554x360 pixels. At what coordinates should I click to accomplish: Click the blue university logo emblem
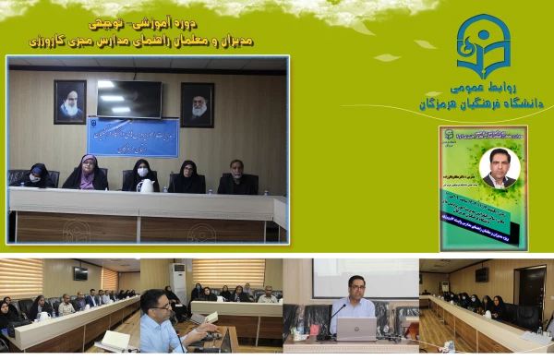tap(483, 45)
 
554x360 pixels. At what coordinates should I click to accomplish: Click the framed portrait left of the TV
tap(69, 102)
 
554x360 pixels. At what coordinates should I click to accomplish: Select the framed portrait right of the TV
tap(197, 104)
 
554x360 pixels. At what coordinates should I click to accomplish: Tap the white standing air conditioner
tap(178, 282)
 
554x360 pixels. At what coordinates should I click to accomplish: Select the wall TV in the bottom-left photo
tap(80, 273)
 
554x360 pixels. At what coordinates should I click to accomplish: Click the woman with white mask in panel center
tap(140, 173)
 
